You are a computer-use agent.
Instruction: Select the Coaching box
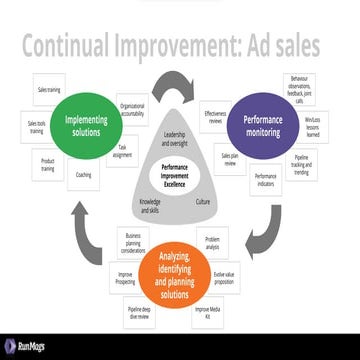coord(83,176)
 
